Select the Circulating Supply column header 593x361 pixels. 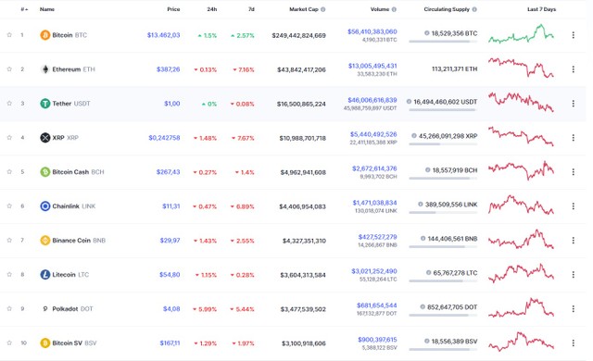[451, 9]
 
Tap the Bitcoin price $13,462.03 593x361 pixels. [163, 35]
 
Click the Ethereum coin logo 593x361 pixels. [44, 69]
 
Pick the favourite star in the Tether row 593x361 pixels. [8, 104]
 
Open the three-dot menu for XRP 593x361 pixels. [573, 138]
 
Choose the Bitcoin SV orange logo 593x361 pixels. [44, 343]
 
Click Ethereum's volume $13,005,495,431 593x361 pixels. [372, 66]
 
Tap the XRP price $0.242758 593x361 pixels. [164, 138]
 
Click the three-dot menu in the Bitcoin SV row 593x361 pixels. [573, 343]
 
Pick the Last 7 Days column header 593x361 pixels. [541, 9]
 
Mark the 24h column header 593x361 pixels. [212, 9]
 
